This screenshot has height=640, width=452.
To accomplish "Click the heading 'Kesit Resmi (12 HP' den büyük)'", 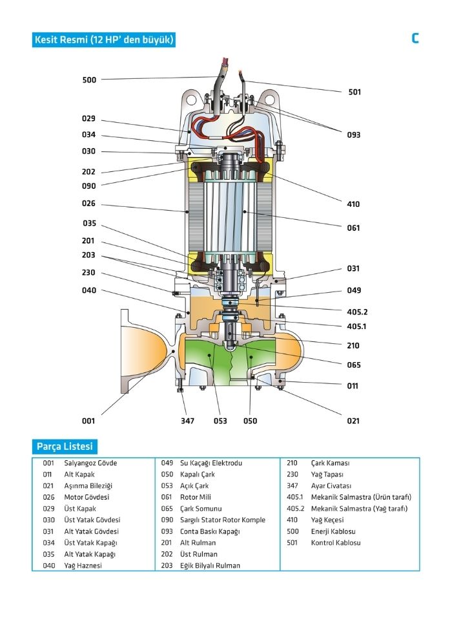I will tap(103, 40).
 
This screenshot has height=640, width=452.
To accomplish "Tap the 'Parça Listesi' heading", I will tap(65, 447).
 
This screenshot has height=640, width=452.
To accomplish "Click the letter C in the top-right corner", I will tap(415, 38).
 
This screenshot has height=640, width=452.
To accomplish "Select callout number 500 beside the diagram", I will tap(89, 80).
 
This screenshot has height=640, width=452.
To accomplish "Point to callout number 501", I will tap(354, 92).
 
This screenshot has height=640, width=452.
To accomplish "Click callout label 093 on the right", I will tap(353, 135).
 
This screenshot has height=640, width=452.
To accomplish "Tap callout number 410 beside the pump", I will tap(353, 204).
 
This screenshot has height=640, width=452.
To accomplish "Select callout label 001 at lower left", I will tap(88, 421).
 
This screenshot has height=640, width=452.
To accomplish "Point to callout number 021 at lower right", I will tap(353, 421).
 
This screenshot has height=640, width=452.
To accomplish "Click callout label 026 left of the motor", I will tap(88, 204).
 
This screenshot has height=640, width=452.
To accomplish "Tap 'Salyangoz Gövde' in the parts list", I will tap(90, 464).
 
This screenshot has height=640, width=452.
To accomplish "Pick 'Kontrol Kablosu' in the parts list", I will tap(336, 543).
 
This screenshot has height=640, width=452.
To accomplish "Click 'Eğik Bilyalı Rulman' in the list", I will tap(211, 566).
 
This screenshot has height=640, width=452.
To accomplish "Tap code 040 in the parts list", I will tap(48, 566).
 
